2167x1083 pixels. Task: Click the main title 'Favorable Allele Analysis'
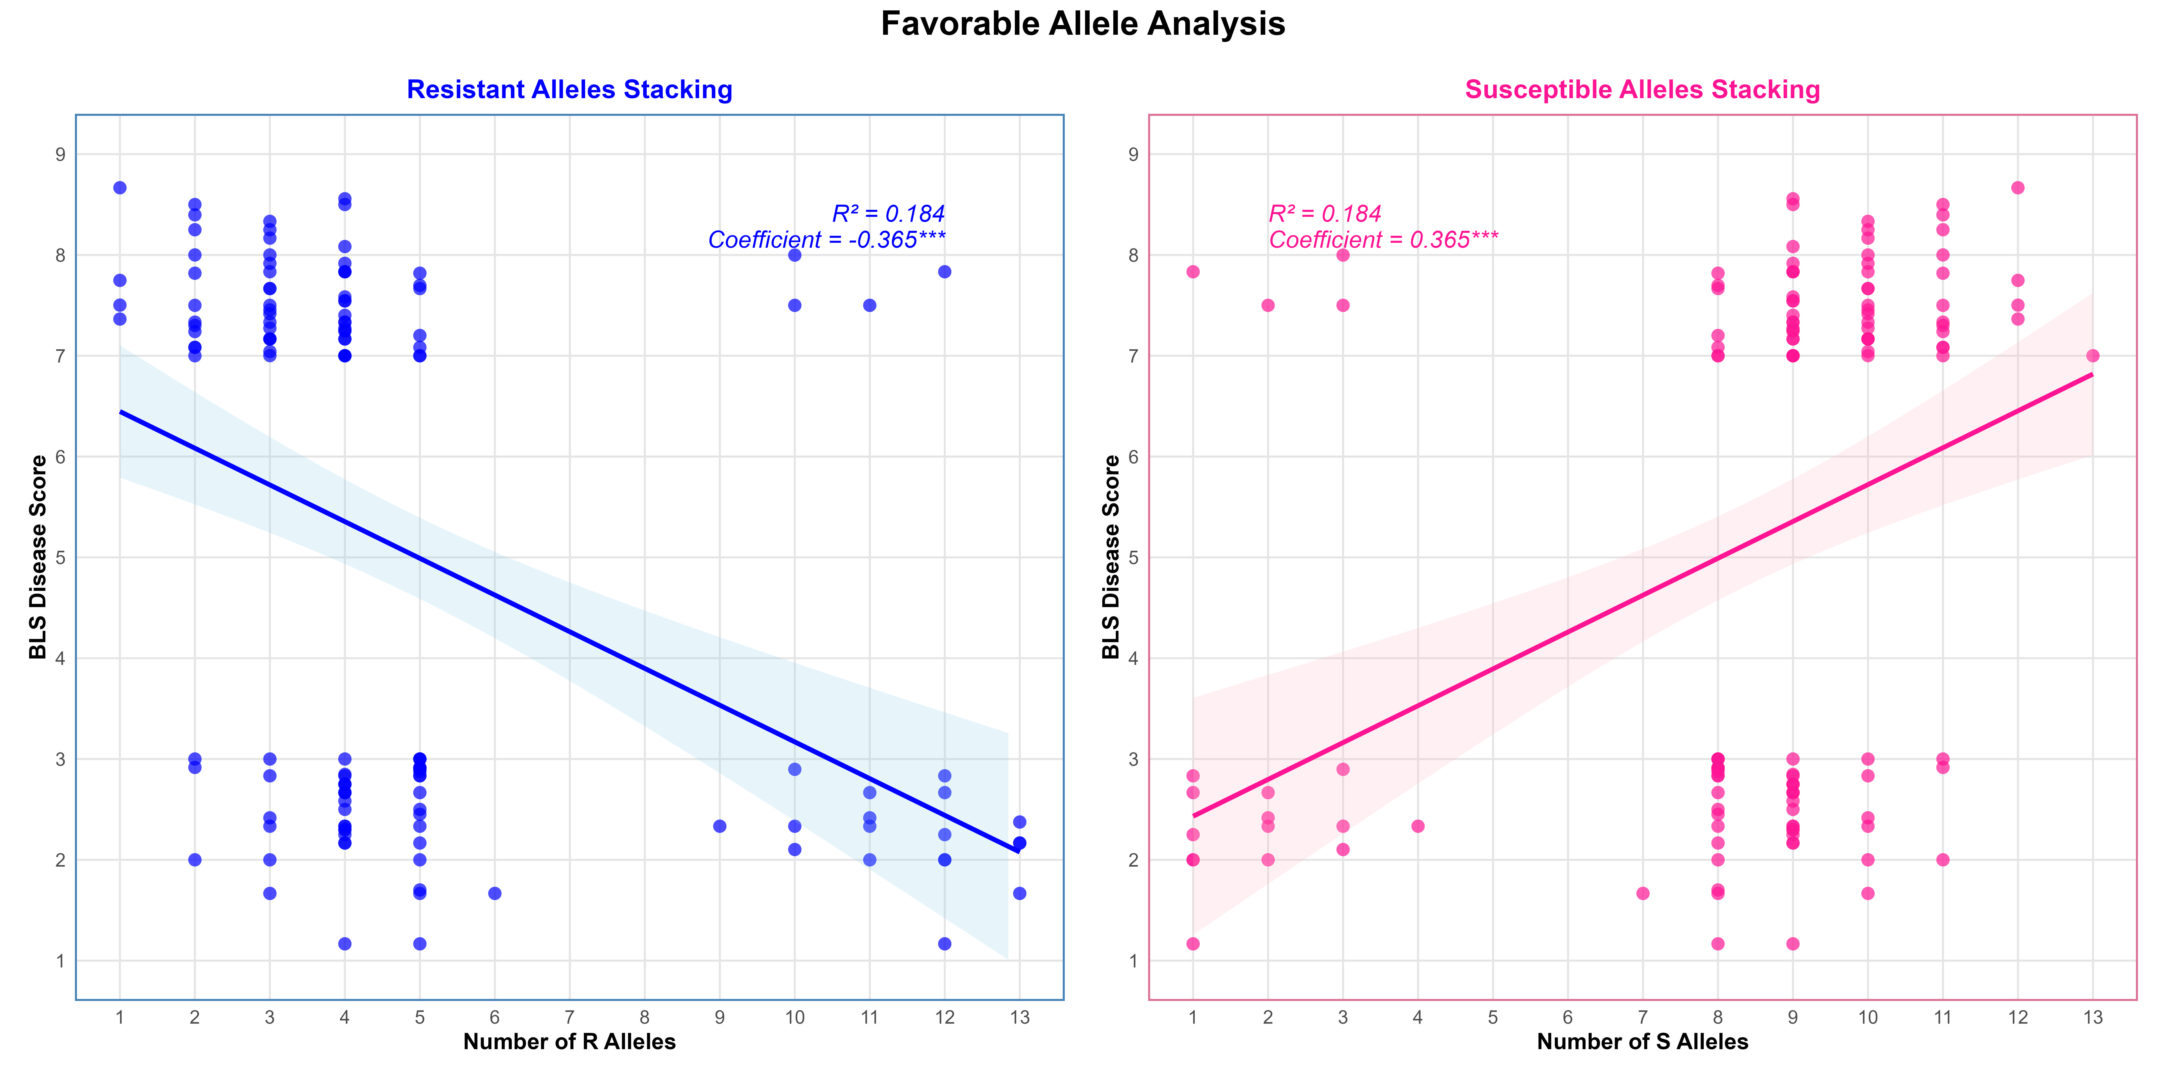click(1083, 23)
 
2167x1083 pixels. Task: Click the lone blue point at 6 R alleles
click(495, 893)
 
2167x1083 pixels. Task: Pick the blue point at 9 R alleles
click(719, 826)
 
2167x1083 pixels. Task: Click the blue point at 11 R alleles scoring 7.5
click(870, 305)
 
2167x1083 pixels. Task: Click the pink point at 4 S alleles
click(1418, 826)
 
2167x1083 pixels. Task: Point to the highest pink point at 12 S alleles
click(2017, 187)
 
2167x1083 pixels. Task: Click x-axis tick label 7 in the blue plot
click(570, 1017)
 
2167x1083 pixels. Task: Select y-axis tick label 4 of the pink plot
click(1133, 658)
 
